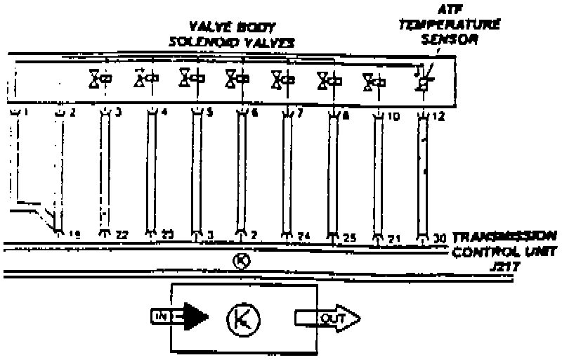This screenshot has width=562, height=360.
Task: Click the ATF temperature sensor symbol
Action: [422, 79]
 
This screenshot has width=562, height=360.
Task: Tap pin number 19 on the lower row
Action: [73, 233]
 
